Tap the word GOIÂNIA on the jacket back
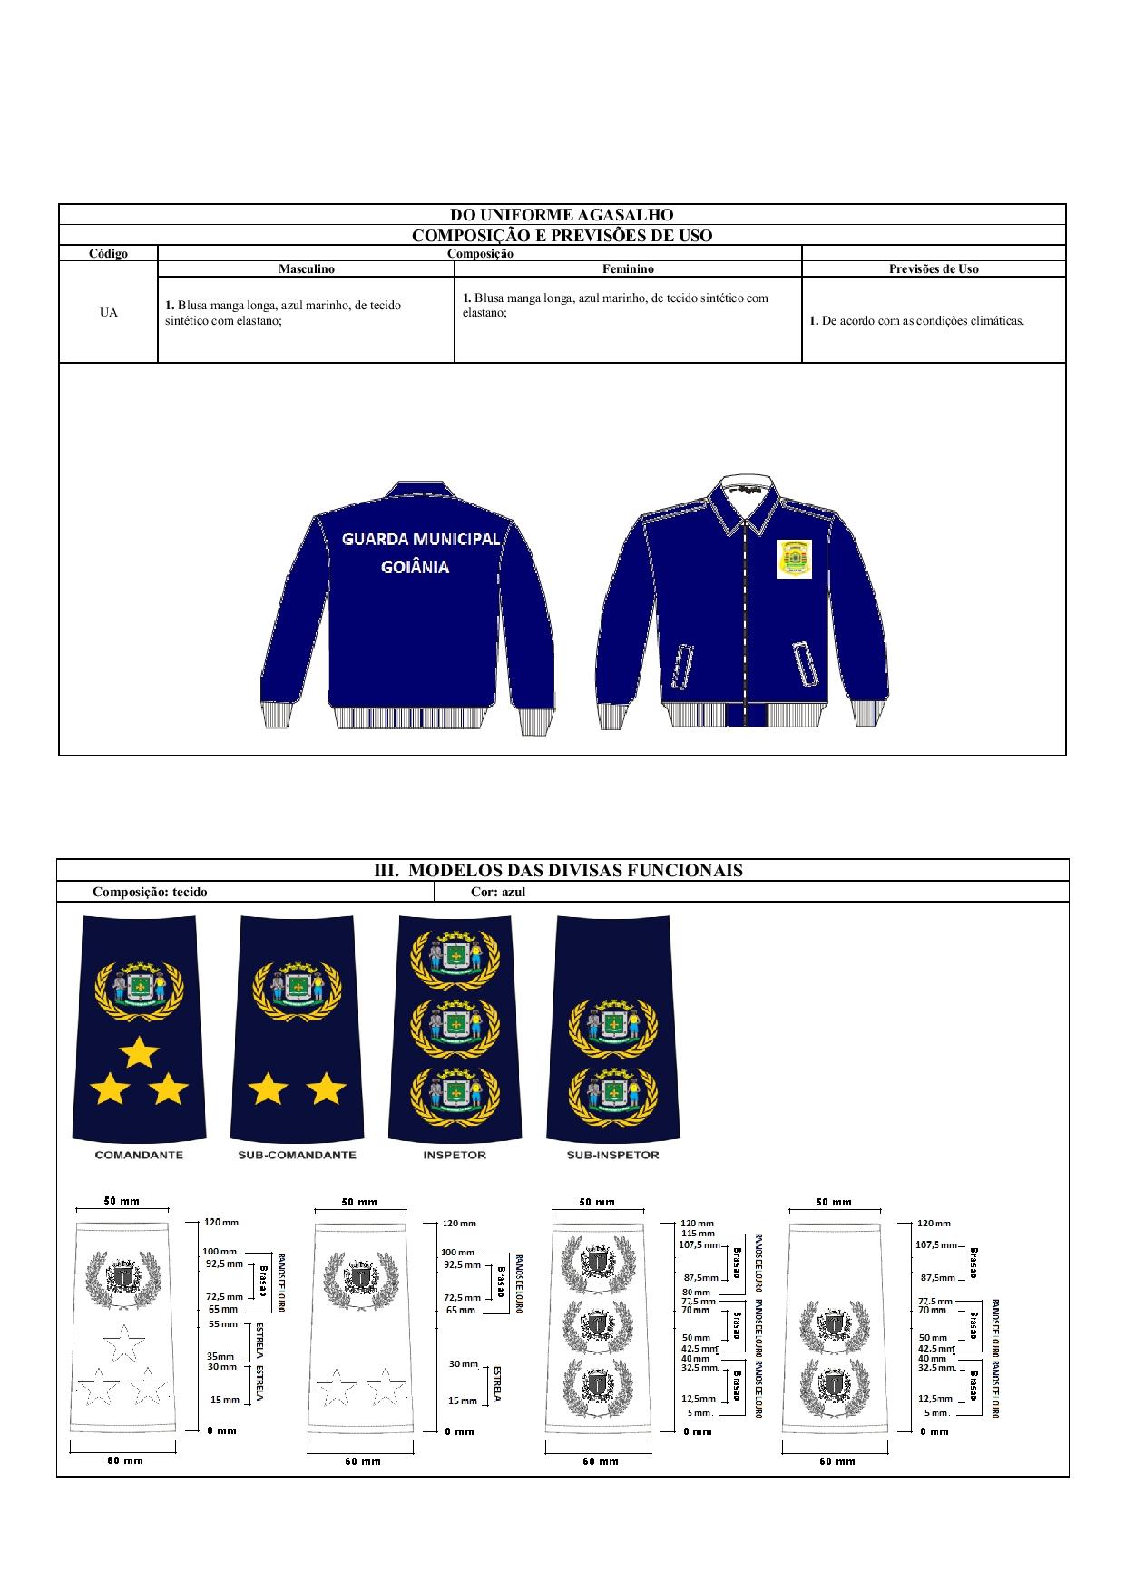[x=415, y=568]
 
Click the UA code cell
[x=108, y=313]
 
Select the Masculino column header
[x=307, y=269]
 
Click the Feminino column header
[x=628, y=269]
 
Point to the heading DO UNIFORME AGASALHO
[x=562, y=215]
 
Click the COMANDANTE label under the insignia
[x=139, y=1155]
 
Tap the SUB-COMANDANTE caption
[x=297, y=1155]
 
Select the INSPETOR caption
[x=455, y=1155]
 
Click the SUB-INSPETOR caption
[x=612, y=1155]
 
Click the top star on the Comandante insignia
[x=139, y=1053]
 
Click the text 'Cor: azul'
[x=498, y=892]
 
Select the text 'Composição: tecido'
[x=150, y=892]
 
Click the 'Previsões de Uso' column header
[x=934, y=269]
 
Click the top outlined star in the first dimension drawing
[x=122, y=1342]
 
